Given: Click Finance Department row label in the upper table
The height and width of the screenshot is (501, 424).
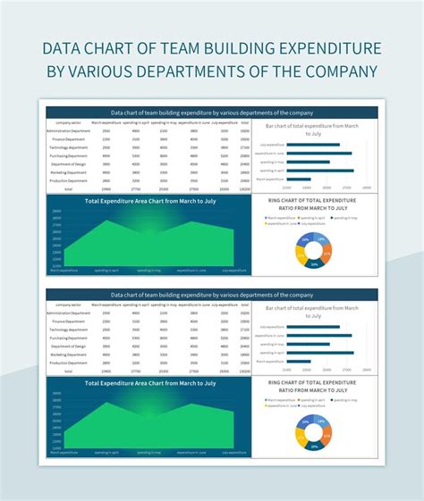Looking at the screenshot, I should click(68, 139).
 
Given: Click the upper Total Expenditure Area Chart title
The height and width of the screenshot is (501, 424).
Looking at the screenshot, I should click(150, 202).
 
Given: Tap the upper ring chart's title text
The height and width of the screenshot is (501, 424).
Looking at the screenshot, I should click(311, 205).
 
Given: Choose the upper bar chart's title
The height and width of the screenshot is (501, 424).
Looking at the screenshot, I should click(311, 130).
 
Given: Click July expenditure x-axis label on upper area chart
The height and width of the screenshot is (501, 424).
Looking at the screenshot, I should click(233, 270).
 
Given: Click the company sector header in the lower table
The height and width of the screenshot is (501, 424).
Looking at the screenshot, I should click(68, 305).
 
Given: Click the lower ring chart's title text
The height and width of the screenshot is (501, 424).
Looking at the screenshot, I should click(311, 387).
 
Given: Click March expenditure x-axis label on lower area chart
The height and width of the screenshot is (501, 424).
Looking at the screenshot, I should click(64, 452).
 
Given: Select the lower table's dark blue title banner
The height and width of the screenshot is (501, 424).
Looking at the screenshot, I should click(212, 295).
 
